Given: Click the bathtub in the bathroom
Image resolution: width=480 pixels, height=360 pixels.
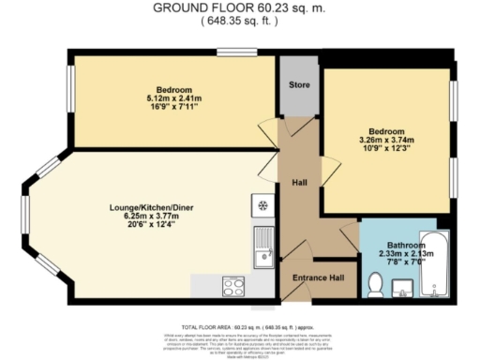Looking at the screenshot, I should pos(435,264).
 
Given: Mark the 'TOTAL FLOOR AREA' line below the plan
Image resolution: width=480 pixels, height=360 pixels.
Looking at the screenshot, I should pos(240,318).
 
